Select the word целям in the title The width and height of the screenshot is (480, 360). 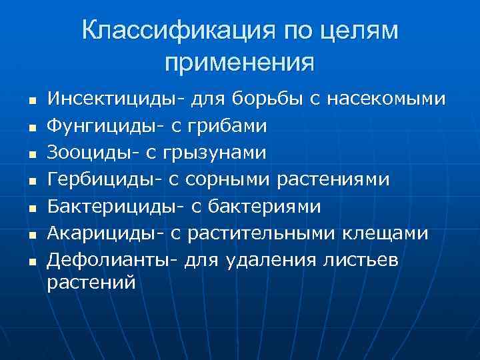(x=359, y=31)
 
